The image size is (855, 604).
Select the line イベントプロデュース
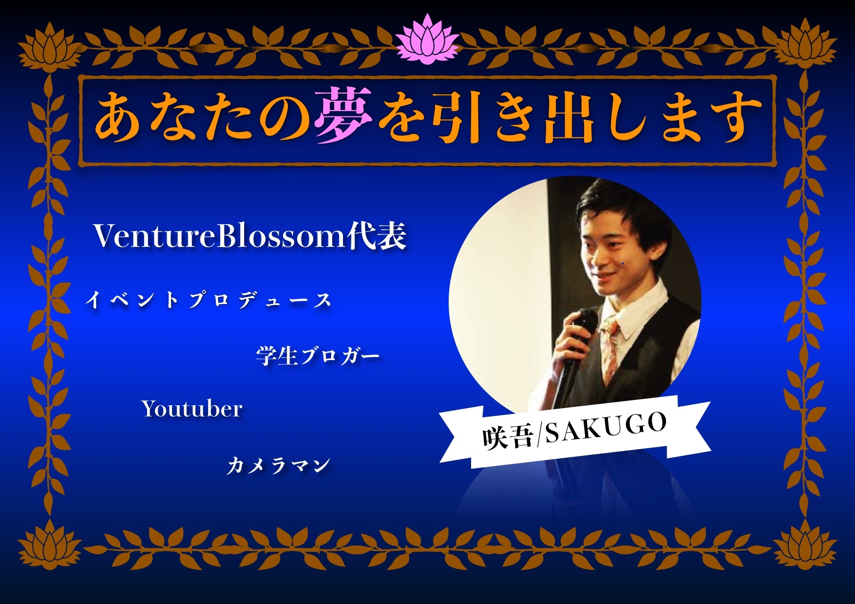point(208,300)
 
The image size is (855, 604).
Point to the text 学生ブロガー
point(318,356)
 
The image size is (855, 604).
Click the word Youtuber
point(192,409)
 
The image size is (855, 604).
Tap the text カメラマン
point(278,466)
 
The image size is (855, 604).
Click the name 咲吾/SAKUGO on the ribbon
point(574,431)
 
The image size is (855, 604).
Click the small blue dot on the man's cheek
point(623,264)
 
